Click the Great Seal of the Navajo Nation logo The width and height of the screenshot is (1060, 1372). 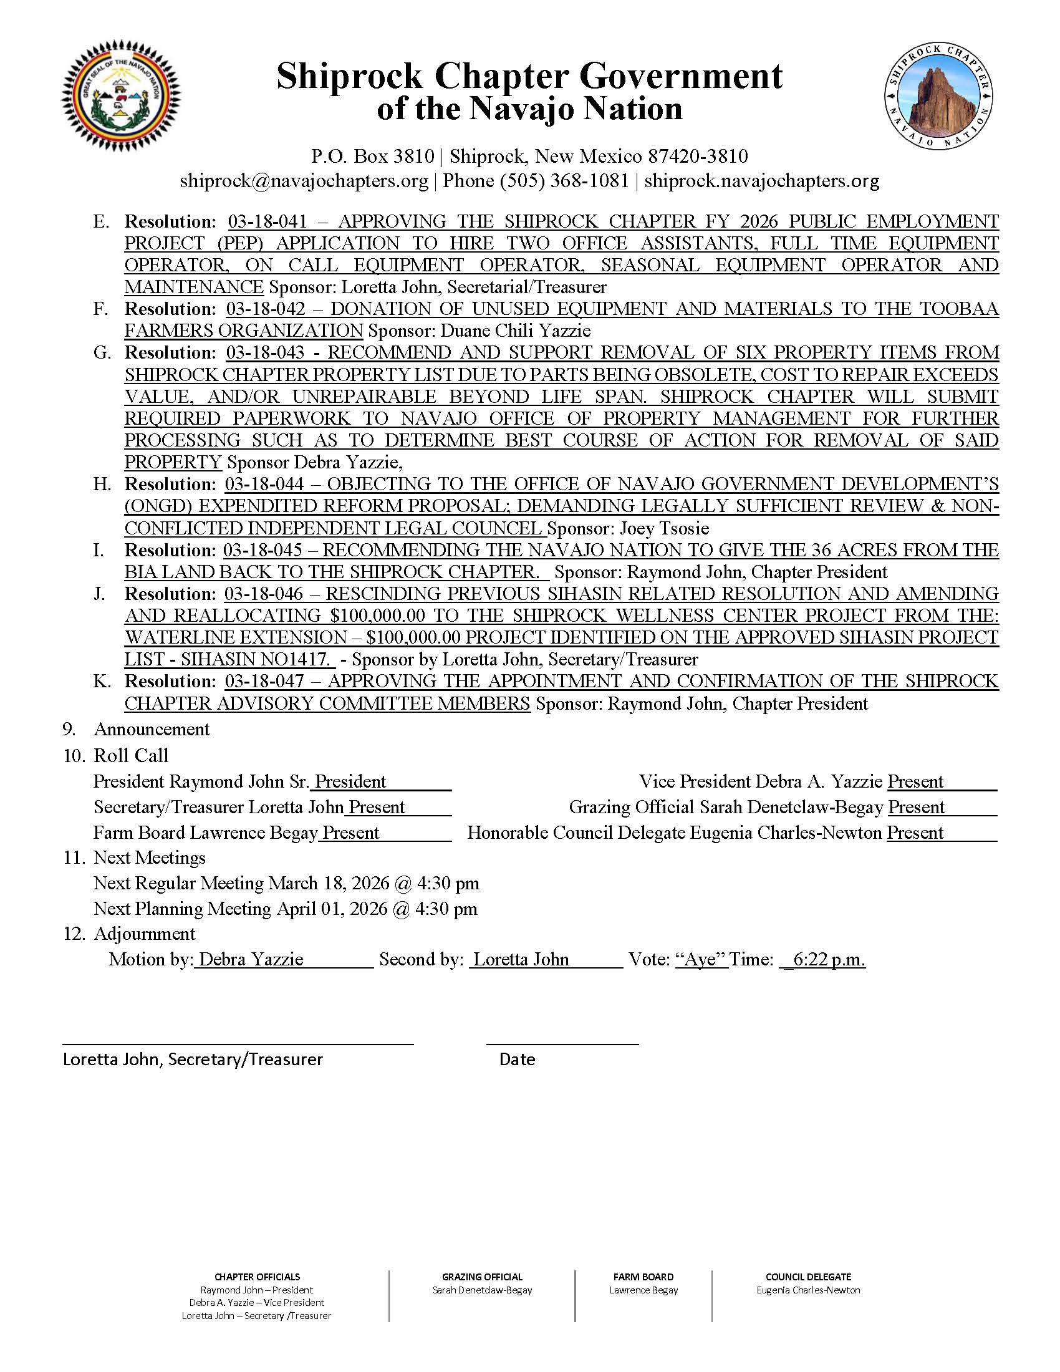(120, 102)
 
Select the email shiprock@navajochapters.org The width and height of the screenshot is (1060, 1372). (304, 181)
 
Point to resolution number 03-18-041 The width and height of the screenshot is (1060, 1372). (267, 221)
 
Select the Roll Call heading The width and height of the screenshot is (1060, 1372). (130, 755)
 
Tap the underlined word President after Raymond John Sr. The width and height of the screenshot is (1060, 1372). (350, 781)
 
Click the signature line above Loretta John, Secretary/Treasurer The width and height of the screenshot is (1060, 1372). (238, 1043)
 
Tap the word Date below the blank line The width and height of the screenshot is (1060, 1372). (517, 1060)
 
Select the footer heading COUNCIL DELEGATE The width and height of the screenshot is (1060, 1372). (808, 1277)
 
